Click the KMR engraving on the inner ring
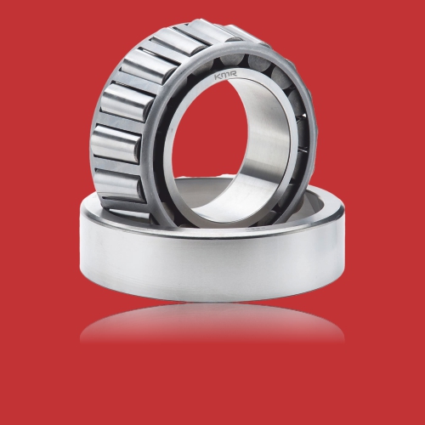click(x=225, y=75)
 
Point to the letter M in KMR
click(x=226, y=75)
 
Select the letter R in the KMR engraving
click(x=234, y=74)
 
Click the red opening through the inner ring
click(x=215, y=147)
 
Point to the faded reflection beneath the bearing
click(x=212, y=326)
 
